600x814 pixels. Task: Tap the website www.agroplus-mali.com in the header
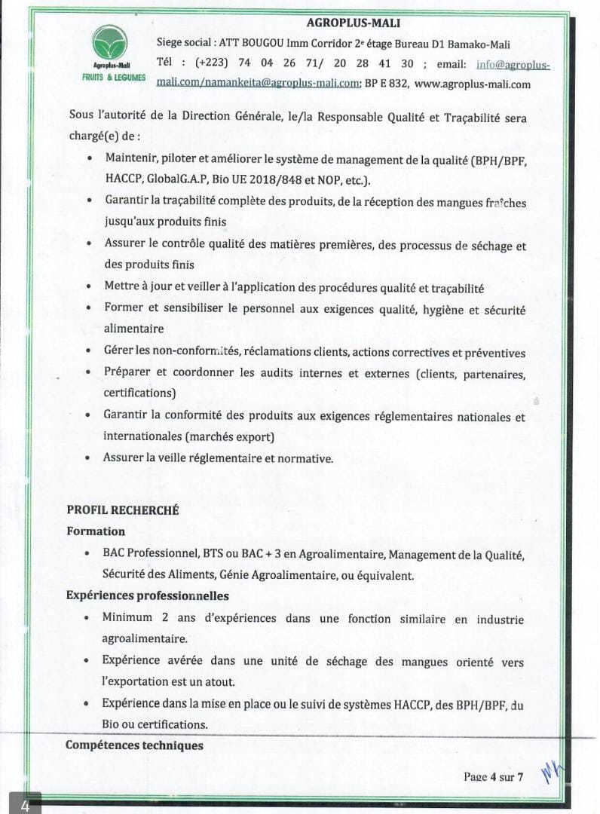(473, 84)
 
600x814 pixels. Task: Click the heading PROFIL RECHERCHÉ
(122, 510)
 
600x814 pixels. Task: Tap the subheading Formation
(96, 531)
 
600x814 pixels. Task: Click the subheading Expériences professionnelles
(148, 595)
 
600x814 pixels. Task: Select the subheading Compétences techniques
(134, 745)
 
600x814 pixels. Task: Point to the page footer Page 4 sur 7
(493, 777)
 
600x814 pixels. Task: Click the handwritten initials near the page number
(552, 773)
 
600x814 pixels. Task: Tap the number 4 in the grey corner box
(25, 806)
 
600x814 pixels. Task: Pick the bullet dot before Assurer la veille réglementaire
(89, 457)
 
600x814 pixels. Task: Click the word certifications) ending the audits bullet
(139, 393)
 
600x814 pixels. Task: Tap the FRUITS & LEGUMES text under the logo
(114, 78)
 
